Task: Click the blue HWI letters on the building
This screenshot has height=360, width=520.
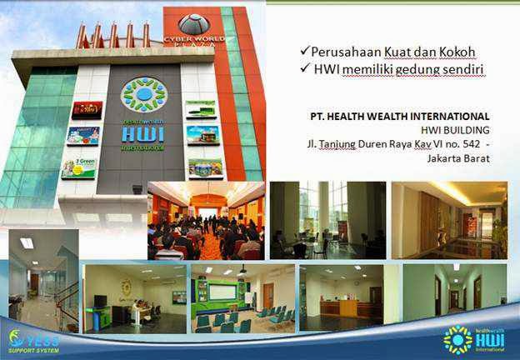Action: coord(144,133)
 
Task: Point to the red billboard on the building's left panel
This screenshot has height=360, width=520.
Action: coord(87,109)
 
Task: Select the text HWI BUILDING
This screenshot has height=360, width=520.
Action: coord(453,130)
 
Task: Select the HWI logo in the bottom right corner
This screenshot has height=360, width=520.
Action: coord(474,338)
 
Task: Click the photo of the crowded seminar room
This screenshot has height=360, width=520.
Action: coord(206,220)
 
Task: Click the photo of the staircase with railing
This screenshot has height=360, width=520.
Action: coord(43,281)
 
